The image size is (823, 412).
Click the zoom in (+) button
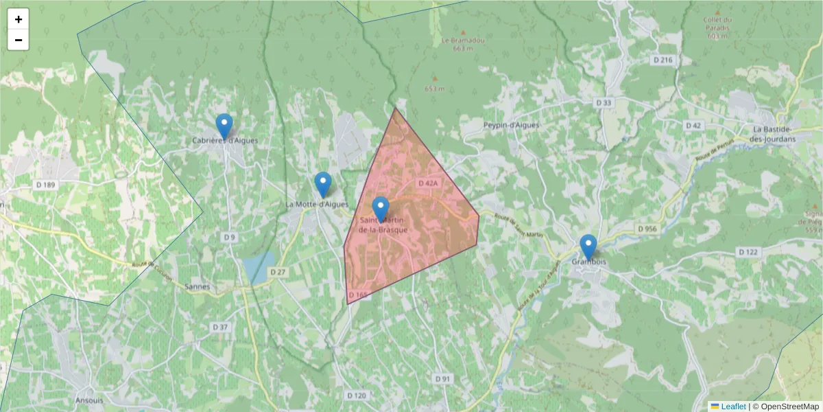(x=19, y=19)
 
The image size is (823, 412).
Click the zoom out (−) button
(x=19, y=40)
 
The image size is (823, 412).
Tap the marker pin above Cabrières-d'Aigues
(x=224, y=126)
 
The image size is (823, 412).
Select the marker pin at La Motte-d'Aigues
(x=323, y=185)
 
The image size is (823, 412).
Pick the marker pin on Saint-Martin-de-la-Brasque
(x=381, y=209)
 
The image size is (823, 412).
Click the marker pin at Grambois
(x=588, y=247)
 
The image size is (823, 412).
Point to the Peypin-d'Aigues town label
(x=511, y=125)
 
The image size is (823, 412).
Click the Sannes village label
(x=197, y=287)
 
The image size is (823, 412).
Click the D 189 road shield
(x=45, y=185)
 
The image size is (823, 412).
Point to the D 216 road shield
(x=663, y=60)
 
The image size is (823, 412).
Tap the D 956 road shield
(x=647, y=228)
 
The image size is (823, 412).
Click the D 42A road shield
(x=427, y=183)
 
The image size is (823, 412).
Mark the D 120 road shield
(x=357, y=396)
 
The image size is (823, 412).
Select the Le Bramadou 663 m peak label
(x=464, y=43)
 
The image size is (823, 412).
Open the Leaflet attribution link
(x=733, y=407)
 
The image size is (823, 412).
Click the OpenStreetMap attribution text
(x=789, y=407)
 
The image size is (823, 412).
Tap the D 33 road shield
(x=604, y=102)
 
